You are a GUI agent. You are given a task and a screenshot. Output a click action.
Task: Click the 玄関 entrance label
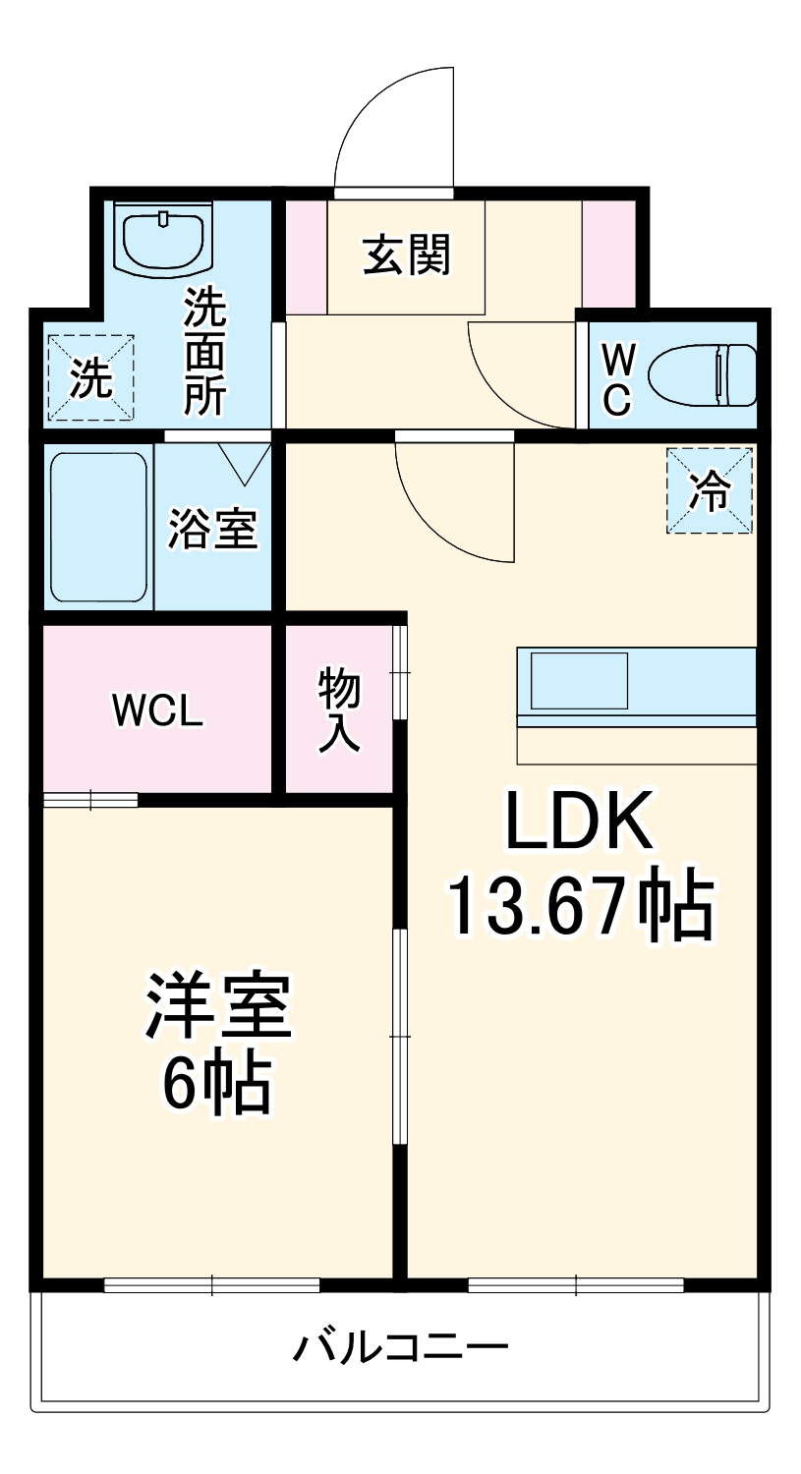[x=407, y=255]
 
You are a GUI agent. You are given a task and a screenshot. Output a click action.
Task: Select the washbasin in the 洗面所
[x=163, y=239]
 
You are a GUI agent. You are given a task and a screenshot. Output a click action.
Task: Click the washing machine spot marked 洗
[x=90, y=378]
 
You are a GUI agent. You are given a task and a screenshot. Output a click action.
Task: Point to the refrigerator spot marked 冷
[x=710, y=491]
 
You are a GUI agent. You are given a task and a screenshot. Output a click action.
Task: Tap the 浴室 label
[x=212, y=529]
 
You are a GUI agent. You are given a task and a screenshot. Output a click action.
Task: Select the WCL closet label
[x=157, y=710]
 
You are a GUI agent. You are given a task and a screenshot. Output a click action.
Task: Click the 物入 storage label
[x=338, y=709]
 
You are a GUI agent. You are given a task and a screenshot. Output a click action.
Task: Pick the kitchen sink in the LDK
[x=579, y=680]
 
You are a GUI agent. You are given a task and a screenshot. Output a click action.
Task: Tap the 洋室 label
[x=218, y=1006]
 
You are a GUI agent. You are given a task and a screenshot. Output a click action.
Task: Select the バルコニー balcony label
[x=401, y=1346]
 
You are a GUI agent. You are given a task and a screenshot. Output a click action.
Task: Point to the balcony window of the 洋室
[x=212, y=1283]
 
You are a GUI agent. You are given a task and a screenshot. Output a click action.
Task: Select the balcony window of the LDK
[x=576, y=1283]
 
